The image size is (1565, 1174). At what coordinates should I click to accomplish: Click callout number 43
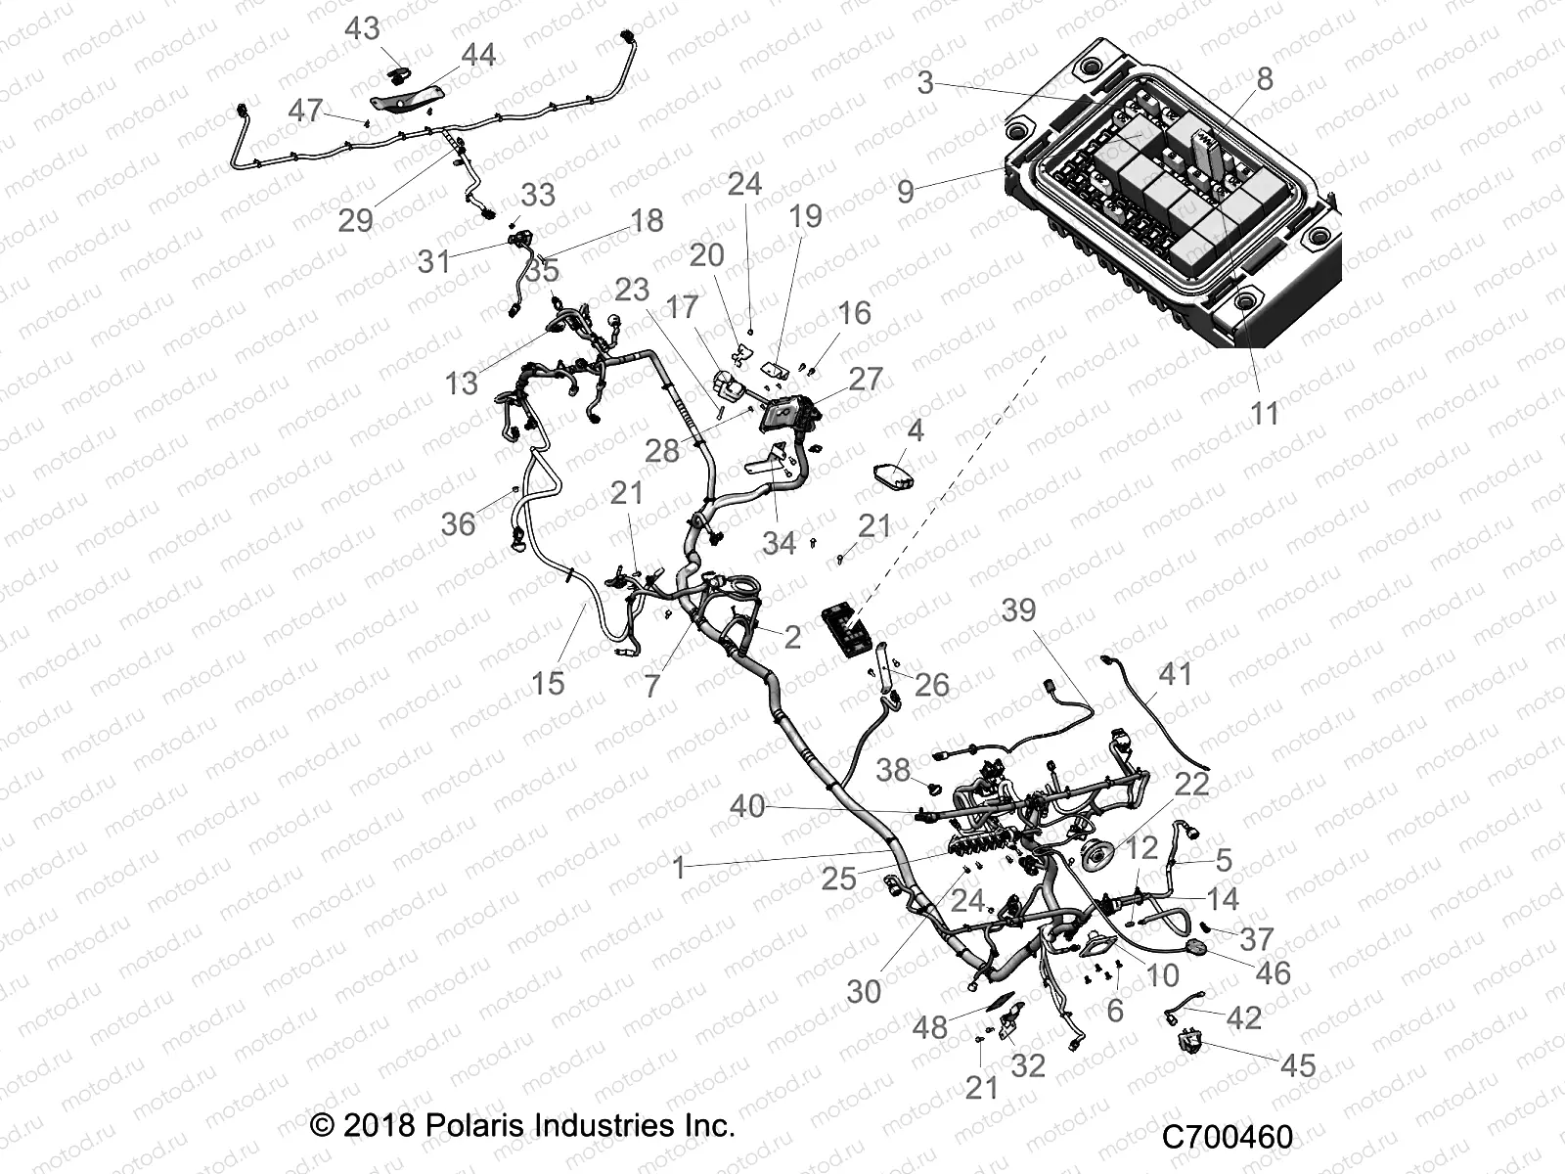(x=362, y=28)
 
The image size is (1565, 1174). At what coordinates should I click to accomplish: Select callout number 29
(x=356, y=219)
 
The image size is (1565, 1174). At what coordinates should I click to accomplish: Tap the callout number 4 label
(x=915, y=430)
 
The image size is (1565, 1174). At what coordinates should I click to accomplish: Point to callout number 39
(x=1018, y=610)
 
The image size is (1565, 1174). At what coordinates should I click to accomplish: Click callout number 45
(x=1299, y=1064)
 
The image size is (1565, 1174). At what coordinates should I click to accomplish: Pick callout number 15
(x=548, y=682)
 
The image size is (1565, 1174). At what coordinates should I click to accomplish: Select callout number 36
(x=458, y=523)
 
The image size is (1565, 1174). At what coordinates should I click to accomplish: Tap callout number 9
(x=906, y=192)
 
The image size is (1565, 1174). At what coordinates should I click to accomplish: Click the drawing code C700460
(x=1228, y=1137)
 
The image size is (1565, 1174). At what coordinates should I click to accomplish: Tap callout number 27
(x=866, y=379)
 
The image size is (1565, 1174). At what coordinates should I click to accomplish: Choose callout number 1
(x=679, y=867)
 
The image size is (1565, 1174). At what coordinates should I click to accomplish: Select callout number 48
(x=929, y=1027)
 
